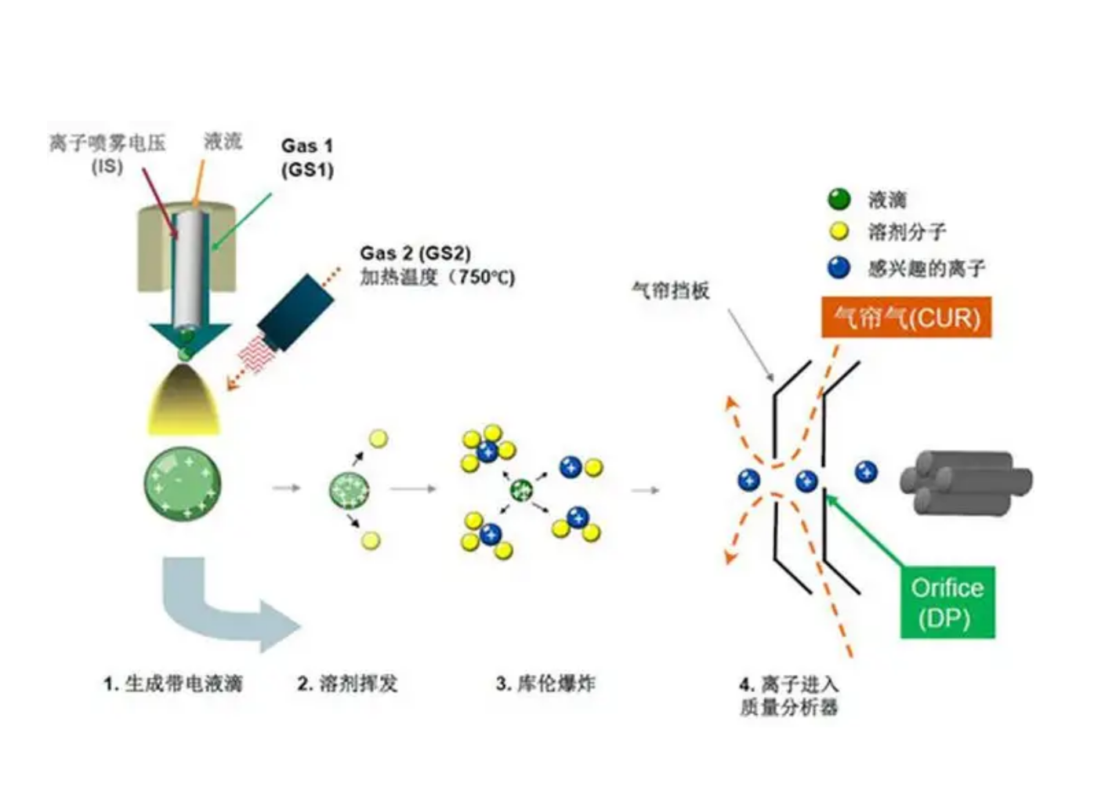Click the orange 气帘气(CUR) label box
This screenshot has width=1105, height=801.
pos(906,317)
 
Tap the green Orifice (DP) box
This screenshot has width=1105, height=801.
pos(947,602)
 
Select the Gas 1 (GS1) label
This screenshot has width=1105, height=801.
pos(307,158)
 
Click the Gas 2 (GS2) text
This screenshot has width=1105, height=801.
pos(415,253)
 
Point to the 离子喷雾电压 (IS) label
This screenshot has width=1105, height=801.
pos(107,154)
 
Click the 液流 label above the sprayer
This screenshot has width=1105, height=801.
pos(223,141)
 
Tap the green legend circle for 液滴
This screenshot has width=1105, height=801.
pos(839,199)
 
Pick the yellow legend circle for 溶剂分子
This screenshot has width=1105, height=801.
pos(839,232)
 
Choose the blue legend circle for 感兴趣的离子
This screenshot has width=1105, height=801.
pos(839,268)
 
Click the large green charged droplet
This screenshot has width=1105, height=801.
pos(183,484)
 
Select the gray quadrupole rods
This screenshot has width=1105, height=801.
pos(966,482)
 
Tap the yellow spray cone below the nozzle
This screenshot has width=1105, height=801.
pos(184,401)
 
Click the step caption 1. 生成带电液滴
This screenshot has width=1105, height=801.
pos(172,683)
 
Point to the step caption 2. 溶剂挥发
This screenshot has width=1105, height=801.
pos(347,683)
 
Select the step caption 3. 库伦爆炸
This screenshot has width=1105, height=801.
pos(545,683)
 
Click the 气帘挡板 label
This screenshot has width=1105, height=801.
pos(670,291)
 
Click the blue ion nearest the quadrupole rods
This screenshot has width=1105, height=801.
pos(865,472)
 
